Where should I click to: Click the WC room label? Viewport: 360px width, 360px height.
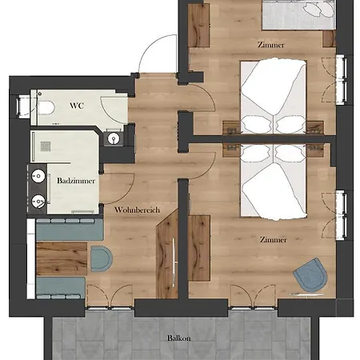pos(77,106)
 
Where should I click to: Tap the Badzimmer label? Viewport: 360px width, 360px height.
pos(76,181)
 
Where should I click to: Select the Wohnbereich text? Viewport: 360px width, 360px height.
pos(137,210)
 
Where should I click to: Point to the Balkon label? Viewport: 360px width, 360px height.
pos(179,338)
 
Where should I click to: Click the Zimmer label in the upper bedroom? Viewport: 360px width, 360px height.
pos(271,45)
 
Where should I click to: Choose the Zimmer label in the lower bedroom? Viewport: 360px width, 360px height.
pos(274,240)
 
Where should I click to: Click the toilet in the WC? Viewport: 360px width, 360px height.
pos(46,108)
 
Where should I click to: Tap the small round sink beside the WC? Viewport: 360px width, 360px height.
pos(114,138)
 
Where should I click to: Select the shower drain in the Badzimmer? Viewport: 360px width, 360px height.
pos(46,146)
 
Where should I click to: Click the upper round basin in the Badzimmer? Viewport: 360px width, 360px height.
pos(38,176)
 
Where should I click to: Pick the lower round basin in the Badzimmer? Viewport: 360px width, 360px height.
pos(38,201)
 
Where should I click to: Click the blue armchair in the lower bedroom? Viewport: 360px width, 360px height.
pos(310,275)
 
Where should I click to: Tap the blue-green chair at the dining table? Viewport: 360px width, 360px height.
pos(102,258)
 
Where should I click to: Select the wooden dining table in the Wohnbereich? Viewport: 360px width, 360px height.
pos(62,258)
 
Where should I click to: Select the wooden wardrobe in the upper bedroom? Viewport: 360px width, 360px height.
pos(198,26)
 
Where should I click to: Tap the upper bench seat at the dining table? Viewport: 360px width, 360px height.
pos(70,230)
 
